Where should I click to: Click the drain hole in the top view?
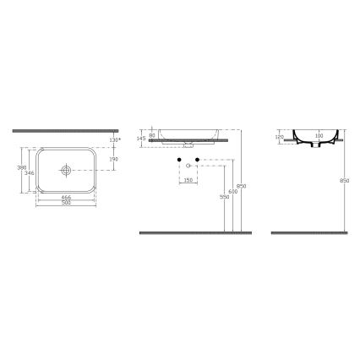tap(65, 170)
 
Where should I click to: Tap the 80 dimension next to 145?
tap(152, 135)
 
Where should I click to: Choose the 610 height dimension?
tap(232, 191)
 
